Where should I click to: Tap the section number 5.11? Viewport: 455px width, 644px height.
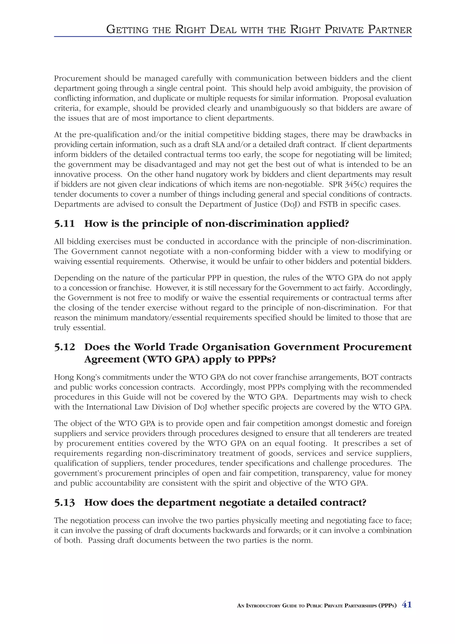[64, 224]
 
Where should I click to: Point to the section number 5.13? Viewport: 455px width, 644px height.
[64, 494]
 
